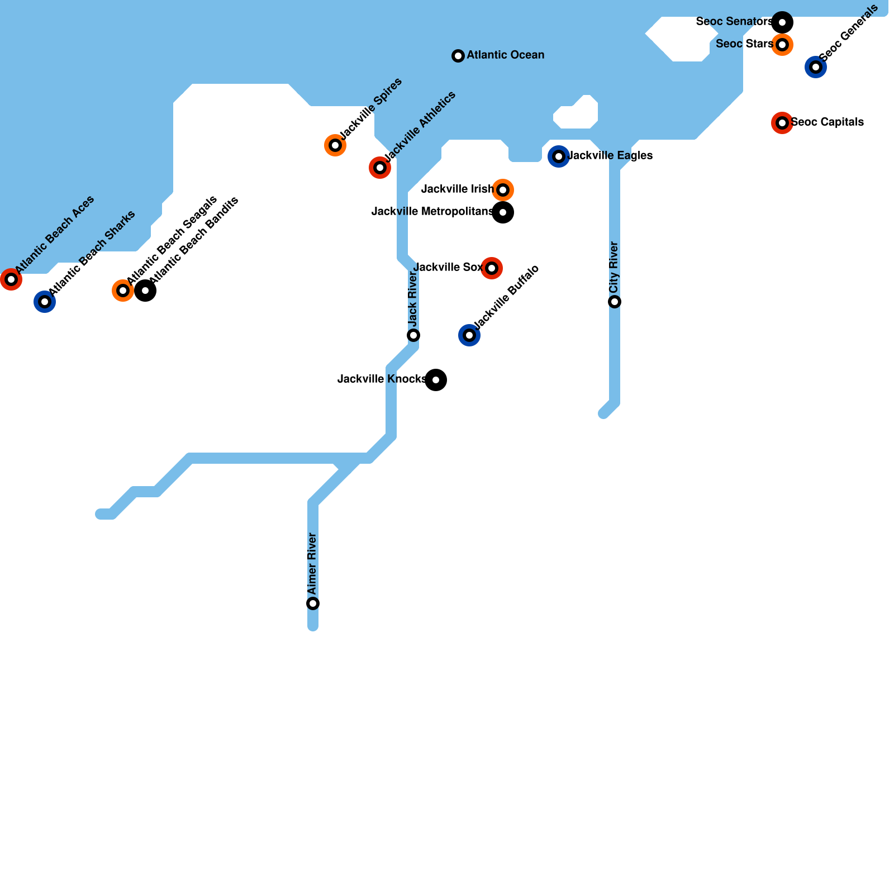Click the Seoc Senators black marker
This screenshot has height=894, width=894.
pyautogui.click(x=782, y=22)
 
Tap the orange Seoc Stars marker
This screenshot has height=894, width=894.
pyautogui.click(x=782, y=45)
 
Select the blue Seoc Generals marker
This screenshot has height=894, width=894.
pyautogui.click(x=816, y=67)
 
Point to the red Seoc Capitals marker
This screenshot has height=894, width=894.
pyautogui.click(x=782, y=123)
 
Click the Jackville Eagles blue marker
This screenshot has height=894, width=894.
pyautogui.click(x=559, y=156)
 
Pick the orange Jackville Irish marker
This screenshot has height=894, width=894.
pyautogui.click(x=503, y=190)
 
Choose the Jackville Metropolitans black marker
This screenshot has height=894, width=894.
pyautogui.click(x=503, y=212)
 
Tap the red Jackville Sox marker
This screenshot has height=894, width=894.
pyautogui.click(x=492, y=268)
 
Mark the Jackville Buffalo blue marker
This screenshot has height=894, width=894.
pyautogui.click(x=469, y=335)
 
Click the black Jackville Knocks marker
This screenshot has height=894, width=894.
pyautogui.click(x=436, y=380)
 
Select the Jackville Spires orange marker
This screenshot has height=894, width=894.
pyautogui.click(x=335, y=145)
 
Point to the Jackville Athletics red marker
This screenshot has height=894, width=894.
pyautogui.click(x=380, y=168)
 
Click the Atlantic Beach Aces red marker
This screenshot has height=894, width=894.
pyautogui.click(x=11, y=279)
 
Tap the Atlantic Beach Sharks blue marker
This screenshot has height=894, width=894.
pyautogui.click(x=45, y=302)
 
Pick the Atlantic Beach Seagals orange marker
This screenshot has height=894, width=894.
pyautogui.click(x=123, y=291)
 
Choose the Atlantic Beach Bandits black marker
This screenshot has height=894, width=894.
pyautogui.click(x=145, y=291)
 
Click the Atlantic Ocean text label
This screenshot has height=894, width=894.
pyautogui.click(x=505, y=55)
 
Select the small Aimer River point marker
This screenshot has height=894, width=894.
pyautogui.click(x=313, y=603)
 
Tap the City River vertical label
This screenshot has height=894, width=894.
pyautogui.click(x=614, y=268)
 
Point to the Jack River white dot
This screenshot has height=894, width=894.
pyautogui.click(x=413, y=335)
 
